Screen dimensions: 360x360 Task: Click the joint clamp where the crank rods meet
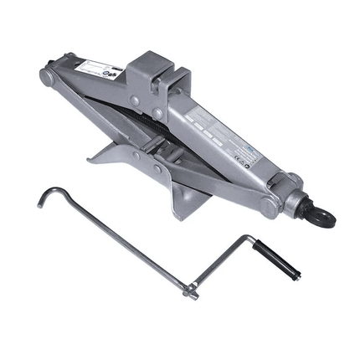click(x=191, y=291)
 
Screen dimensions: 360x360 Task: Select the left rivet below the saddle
click(x=134, y=101)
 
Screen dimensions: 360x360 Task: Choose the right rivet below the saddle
click(x=157, y=113)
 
